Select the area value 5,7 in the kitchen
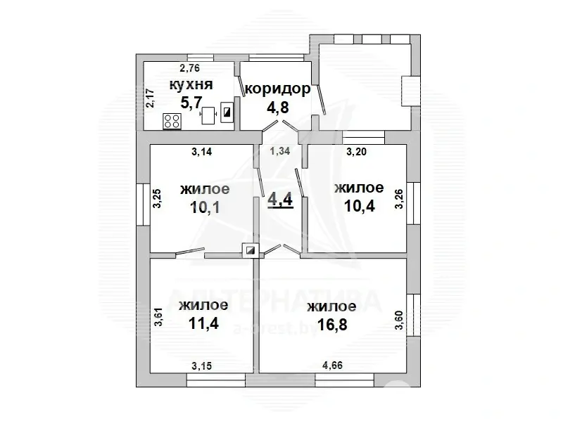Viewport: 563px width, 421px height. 189,103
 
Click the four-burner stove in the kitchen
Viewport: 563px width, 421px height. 172,120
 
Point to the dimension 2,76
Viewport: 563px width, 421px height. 189,68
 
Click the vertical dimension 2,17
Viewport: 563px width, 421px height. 149,97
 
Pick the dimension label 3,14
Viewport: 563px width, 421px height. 202,151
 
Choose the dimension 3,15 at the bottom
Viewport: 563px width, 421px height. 203,365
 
